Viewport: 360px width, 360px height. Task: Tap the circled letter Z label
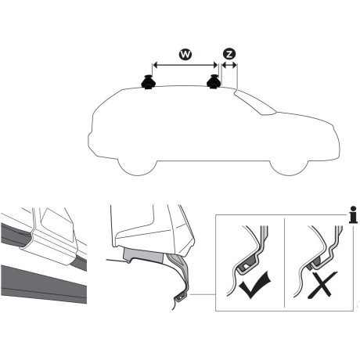(x=229, y=54)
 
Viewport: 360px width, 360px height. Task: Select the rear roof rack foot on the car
(x=148, y=81)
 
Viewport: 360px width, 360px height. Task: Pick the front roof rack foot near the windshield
(x=214, y=81)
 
